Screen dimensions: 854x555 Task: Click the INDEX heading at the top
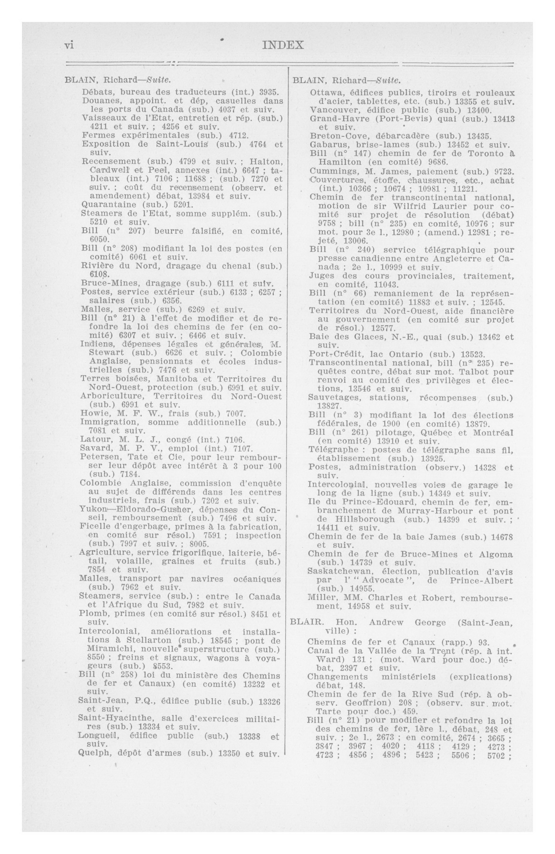tap(283, 45)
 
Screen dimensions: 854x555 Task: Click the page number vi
tap(69, 46)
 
